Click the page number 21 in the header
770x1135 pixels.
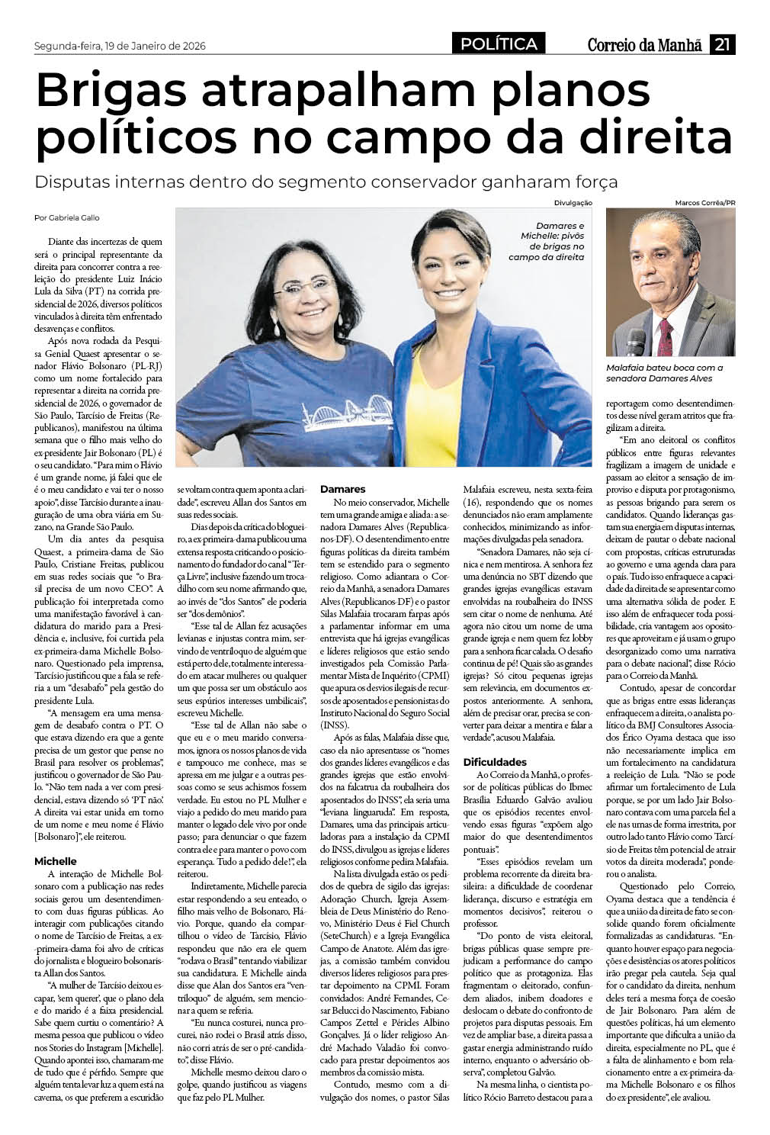pyautogui.click(x=722, y=46)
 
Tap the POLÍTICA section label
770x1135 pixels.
pyautogui.click(x=499, y=45)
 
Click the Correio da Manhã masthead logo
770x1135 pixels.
pyautogui.click(x=644, y=46)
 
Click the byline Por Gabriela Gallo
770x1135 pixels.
pyautogui.click(x=67, y=217)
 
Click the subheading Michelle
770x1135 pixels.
pyautogui.click(x=56, y=861)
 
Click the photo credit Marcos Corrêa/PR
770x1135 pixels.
pyautogui.click(x=705, y=203)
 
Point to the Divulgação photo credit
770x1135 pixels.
pyautogui.click(x=573, y=203)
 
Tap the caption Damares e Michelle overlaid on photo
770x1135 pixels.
pyautogui.click(x=548, y=241)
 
